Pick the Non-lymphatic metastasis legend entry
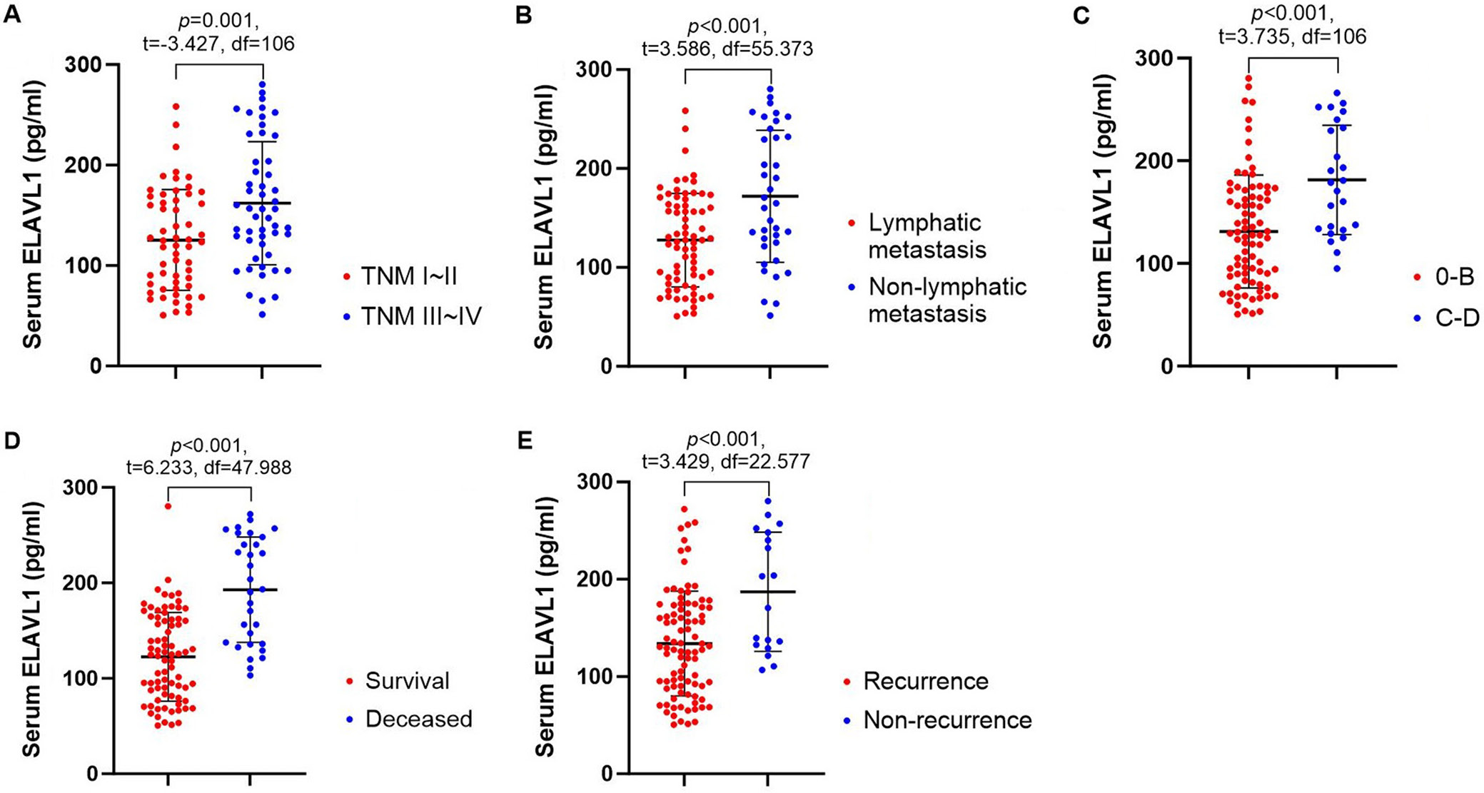tap(947, 300)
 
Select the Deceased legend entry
tap(418, 718)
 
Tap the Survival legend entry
tap(408, 680)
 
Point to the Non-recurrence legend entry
tap(947, 719)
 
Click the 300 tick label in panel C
tap(1155, 58)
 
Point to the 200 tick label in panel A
tap(84, 166)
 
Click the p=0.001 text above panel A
tap(219, 19)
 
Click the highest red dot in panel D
tap(168, 506)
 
